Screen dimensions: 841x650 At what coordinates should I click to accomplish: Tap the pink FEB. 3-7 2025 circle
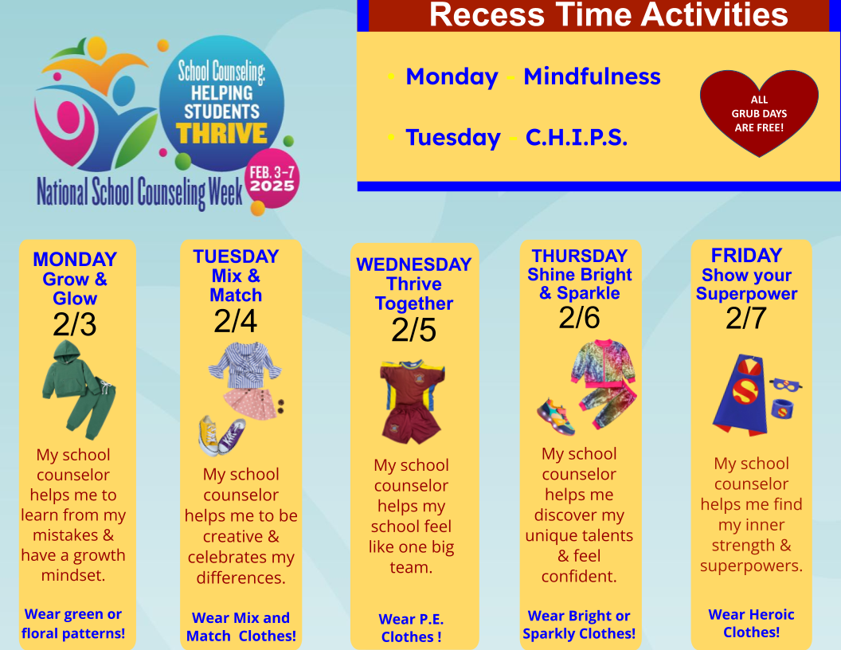[x=272, y=178]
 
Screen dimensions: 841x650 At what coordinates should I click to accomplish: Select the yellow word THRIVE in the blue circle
[x=222, y=134]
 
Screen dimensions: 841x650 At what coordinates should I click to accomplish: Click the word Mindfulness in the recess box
[x=593, y=76]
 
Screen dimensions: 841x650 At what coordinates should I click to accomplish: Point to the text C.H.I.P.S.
[x=577, y=137]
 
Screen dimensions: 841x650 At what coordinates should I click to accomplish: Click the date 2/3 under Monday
[x=75, y=324]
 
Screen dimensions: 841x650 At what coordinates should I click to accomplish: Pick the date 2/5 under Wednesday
[x=413, y=330]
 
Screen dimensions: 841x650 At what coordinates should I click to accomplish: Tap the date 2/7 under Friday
[x=746, y=318]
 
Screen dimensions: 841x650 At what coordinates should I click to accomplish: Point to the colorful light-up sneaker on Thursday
[x=557, y=416]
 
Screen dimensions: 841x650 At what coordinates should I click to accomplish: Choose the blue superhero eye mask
[x=786, y=385]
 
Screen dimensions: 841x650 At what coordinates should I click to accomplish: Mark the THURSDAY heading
[x=580, y=255]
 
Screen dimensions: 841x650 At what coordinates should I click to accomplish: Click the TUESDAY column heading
[x=236, y=256]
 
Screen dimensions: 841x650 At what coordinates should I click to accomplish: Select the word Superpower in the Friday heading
[x=746, y=294]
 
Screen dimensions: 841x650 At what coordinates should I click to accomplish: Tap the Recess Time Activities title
[x=608, y=14]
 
